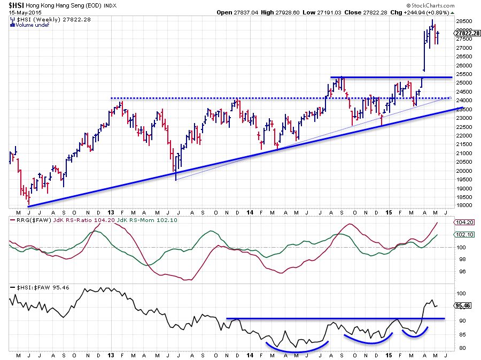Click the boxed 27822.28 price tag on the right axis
pos(468,33)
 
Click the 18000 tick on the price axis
pos(464,206)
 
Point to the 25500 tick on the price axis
pos(464,74)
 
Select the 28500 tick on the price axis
pos(464,22)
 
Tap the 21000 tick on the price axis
pos(464,154)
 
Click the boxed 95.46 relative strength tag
pos(463,305)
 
